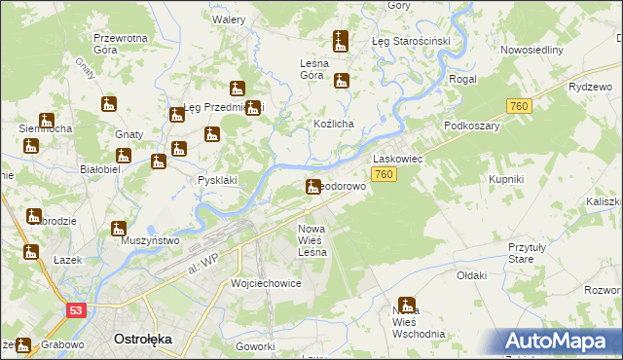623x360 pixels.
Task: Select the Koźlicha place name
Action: (x=333, y=124)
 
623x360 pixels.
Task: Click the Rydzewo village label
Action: (x=584, y=86)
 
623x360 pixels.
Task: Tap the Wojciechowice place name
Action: (x=266, y=283)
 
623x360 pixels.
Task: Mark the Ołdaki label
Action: (x=471, y=275)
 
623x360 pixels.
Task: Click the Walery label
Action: (x=229, y=19)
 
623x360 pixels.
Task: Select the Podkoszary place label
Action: (x=471, y=126)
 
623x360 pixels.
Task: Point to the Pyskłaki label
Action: (x=217, y=180)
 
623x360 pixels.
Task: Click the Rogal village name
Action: (x=462, y=80)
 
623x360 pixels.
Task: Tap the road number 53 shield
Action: (x=77, y=309)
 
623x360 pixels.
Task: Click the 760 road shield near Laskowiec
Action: (x=384, y=174)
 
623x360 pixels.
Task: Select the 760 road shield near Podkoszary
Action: (x=519, y=106)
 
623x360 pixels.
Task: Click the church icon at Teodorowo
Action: (x=313, y=186)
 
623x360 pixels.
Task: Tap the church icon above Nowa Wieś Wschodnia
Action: (x=407, y=305)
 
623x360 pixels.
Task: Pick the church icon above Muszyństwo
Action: (x=119, y=230)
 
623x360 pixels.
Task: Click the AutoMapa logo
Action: (x=562, y=342)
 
